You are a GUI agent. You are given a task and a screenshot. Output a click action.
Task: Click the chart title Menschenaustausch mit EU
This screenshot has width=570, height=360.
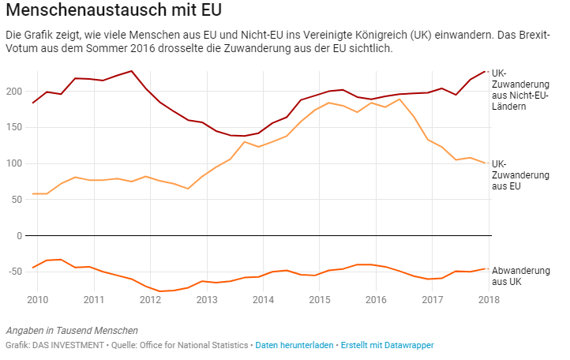(x=114, y=12)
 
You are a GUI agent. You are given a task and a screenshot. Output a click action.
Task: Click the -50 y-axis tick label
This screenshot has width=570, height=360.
(x=14, y=272)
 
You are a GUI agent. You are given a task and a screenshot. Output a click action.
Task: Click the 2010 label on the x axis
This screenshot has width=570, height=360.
(x=37, y=300)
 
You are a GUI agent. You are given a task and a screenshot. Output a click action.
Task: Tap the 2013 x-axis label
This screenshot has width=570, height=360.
(x=207, y=300)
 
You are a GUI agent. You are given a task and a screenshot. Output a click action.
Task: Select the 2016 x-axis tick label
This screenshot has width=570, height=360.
(x=376, y=300)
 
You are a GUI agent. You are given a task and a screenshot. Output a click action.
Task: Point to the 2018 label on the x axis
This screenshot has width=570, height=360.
(x=488, y=300)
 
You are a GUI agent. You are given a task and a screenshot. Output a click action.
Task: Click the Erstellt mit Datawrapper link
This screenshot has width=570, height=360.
(x=388, y=345)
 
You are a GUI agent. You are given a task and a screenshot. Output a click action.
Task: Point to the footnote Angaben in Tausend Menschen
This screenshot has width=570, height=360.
(x=72, y=330)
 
